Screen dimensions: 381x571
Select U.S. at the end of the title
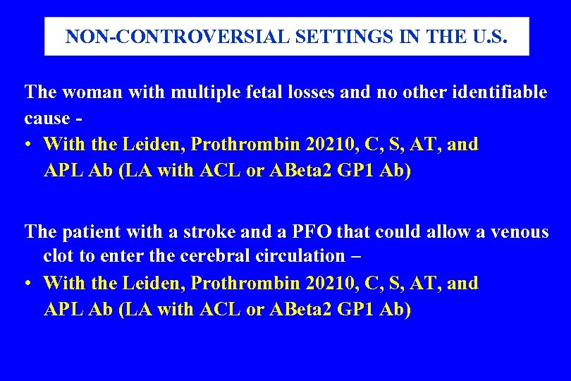491,37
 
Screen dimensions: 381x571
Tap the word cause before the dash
47,119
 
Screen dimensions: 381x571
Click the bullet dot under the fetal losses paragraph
26,145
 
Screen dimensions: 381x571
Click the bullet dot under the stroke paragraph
26,284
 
